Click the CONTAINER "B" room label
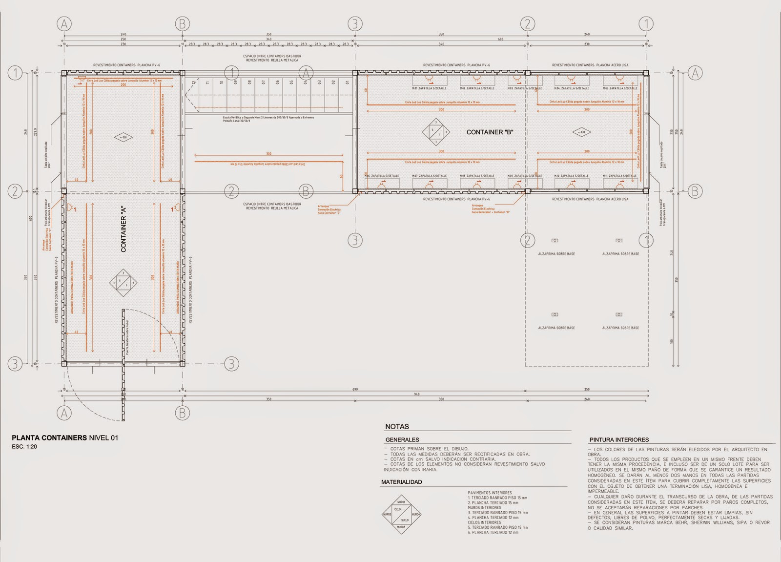[490, 132]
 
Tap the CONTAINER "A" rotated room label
[123, 235]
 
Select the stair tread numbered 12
[194, 83]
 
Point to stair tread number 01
[348, 83]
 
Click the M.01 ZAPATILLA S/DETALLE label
[429, 88]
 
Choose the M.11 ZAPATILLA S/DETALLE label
[619, 176]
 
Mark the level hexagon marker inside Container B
[581, 132]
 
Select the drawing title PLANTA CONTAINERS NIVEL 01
[65, 437]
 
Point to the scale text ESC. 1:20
[24, 447]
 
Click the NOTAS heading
[397, 426]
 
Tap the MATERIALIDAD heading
[401, 482]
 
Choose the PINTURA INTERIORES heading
[619, 439]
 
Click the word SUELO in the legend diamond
[405, 520]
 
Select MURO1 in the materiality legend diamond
[401, 502]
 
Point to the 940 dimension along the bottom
[416, 394]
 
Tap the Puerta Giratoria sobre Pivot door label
[126, 337]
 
